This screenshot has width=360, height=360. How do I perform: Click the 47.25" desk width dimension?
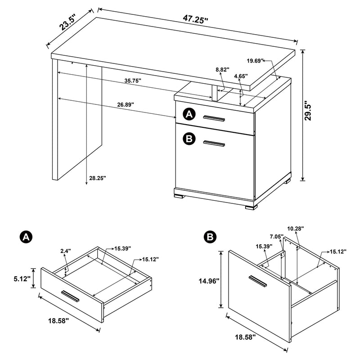[x=196, y=19]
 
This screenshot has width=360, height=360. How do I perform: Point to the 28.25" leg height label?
[x=97, y=178]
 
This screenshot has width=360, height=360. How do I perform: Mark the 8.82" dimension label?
[x=222, y=70]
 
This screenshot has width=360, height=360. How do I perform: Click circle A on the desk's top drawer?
[x=189, y=115]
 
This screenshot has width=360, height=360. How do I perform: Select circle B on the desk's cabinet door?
[x=189, y=139]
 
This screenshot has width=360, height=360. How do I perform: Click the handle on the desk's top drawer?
[x=214, y=118]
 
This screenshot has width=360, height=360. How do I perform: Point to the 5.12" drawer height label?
[x=22, y=279]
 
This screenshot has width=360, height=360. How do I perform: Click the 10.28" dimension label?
[x=296, y=229]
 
